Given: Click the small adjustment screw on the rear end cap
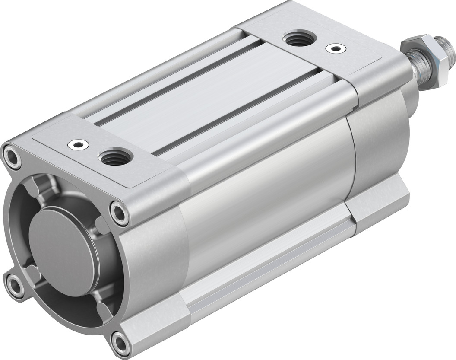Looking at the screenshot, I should pyautogui.click(x=332, y=48).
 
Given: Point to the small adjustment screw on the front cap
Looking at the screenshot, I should pyautogui.click(x=79, y=144).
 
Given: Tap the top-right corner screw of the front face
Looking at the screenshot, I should pyautogui.click(x=119, y=212).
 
